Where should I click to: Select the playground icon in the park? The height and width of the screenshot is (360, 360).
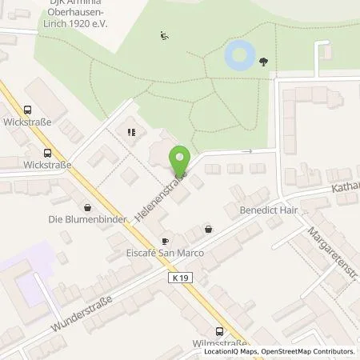(165, 34)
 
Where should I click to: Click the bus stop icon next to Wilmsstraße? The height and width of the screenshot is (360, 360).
(220, 331)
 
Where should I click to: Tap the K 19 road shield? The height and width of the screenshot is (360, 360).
(180, 278)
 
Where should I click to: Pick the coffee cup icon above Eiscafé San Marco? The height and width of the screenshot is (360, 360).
(166, 241)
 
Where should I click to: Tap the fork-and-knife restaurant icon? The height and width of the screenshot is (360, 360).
(130, 132)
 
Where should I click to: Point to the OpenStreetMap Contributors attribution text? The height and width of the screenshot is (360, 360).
(313, 352)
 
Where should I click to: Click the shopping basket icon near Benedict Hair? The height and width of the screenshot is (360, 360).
(208, 229)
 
